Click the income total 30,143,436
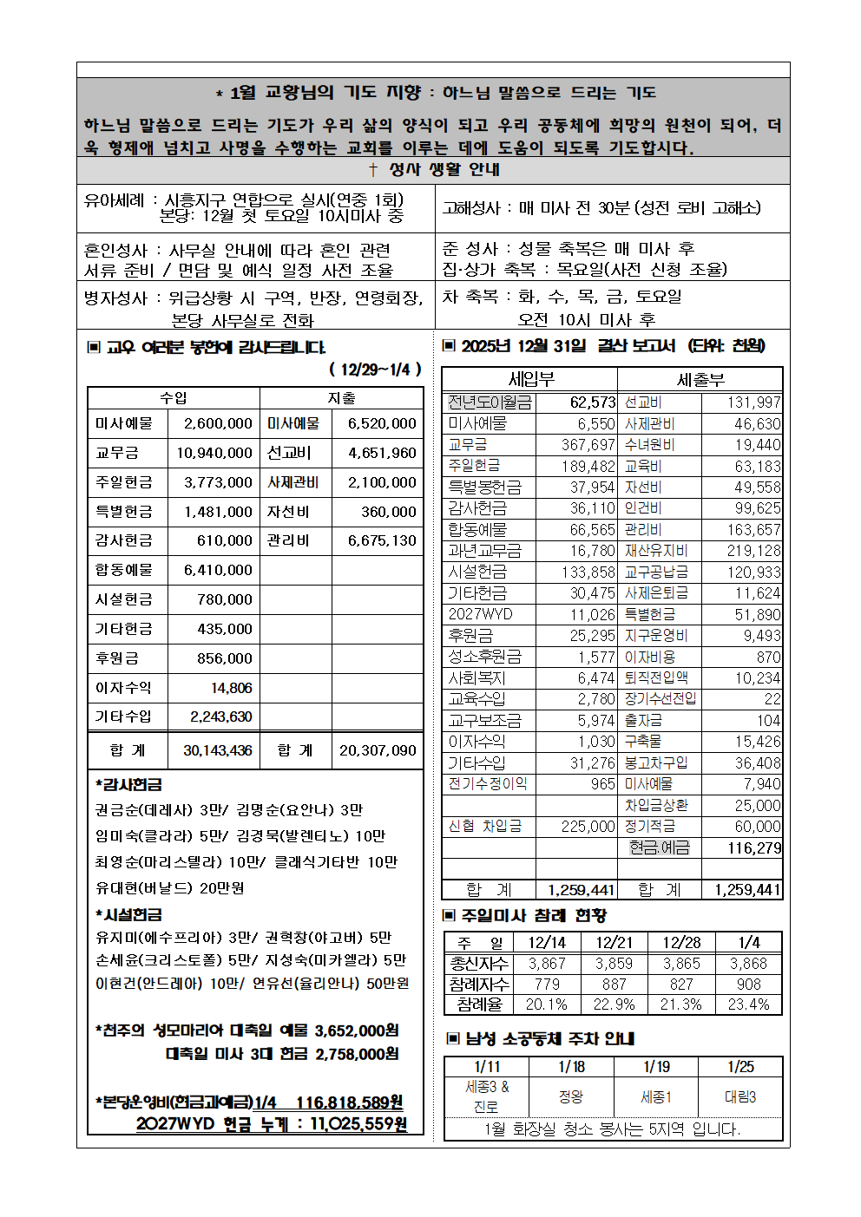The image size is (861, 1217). (217, 750)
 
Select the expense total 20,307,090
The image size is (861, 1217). (378, 750)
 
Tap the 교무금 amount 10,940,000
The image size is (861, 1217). (214, 453)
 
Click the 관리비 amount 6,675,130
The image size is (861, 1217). (382, 540)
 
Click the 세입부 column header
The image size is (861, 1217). (531, 380)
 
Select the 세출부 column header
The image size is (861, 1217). (700, 380)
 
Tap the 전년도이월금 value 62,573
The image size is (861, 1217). (592, 402)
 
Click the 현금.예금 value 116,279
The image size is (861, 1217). (754, 848)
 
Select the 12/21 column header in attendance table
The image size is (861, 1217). (614, 943)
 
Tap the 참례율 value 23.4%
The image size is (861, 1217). (748, 1004)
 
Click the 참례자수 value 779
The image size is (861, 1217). (547, 985)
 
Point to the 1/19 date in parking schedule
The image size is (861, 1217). (656, 1067)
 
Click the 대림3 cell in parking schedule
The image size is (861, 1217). (740, 1097)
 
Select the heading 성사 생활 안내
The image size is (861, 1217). (434, 170)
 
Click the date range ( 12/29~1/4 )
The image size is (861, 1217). (375, 370)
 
